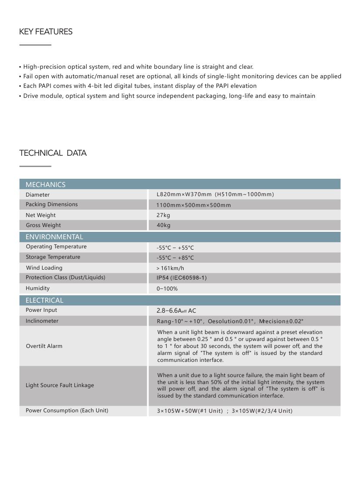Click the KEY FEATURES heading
click(x=46, y=32)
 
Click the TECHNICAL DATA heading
click(x=53, y=153)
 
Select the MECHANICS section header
click(x=45, y=184)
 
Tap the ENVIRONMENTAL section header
click(x=54, y=237)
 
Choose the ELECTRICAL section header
click(x=44, y=300)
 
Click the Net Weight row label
click(x=40, y=215)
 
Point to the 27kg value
click(x=163, y=215)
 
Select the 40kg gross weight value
click(x=163, y=225)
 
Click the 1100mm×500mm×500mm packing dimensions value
click(x=194, y=205)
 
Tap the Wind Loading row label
click(x=44, y=268)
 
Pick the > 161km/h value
click(x=170, y=268)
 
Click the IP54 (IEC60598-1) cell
click(x=182, y=278)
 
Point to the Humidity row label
click(x=37, y=288)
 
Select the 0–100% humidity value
click(x=167, y=289)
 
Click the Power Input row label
click(x=41, y=310)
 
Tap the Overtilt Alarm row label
click(x=44, y=346)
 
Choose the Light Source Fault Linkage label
click(x=60, y=385)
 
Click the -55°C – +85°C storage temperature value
click(x=175, y=258)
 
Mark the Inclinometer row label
click(x=42, y=321)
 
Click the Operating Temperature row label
click(x=56, y=247)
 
